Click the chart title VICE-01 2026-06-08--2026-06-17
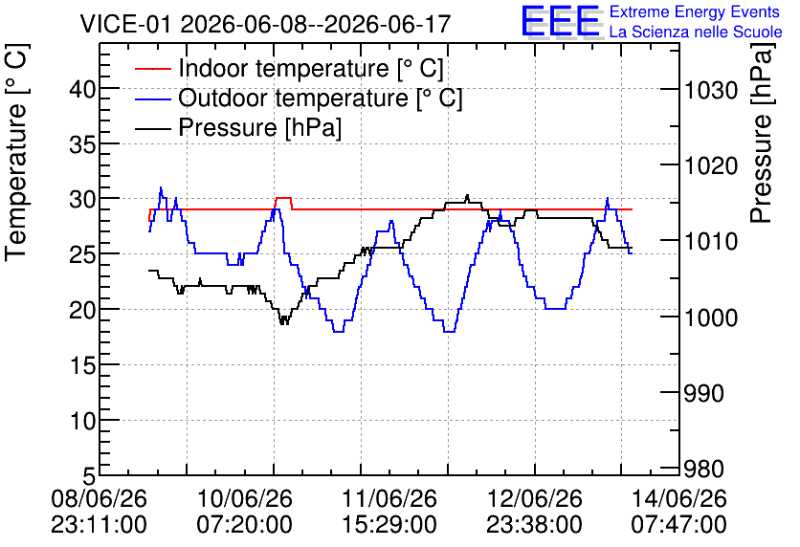click(265, 24)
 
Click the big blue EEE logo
click(561, 21)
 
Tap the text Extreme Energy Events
click(695, 11)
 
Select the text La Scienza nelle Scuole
click(696, 32)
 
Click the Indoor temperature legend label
click(311, 68)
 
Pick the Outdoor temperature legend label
click(321, 98)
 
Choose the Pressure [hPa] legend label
click(259, 127)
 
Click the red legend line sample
click(153, 69)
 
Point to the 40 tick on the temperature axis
click(81, 90)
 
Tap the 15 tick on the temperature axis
click(81, 365)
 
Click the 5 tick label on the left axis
click(89, 476)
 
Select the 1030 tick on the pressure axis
click(711, 91)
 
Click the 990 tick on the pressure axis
click(704, 393)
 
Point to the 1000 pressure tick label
click(711, 317)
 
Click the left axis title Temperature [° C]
click(16, 153)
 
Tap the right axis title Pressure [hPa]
click(762, 133)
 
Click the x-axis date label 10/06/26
click(244, 498)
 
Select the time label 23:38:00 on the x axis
click(535, 524)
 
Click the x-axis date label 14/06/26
click(679, 498)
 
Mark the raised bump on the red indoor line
click(283, 198)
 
